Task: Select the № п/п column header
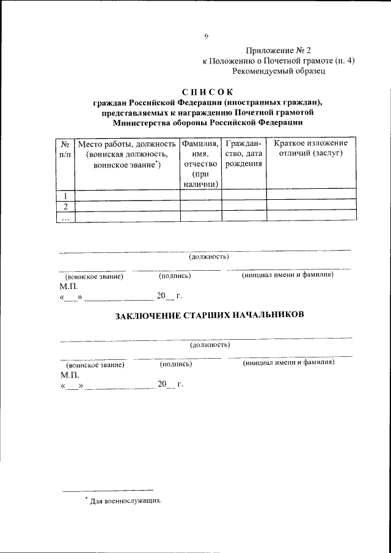click(65, 148)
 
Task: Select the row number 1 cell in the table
click(65, 195)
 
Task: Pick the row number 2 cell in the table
click(65, 205)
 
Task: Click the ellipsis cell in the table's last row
click(65, 216)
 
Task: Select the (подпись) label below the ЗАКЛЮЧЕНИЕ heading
click(176, 364)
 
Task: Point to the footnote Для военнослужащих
click(126, 500)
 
